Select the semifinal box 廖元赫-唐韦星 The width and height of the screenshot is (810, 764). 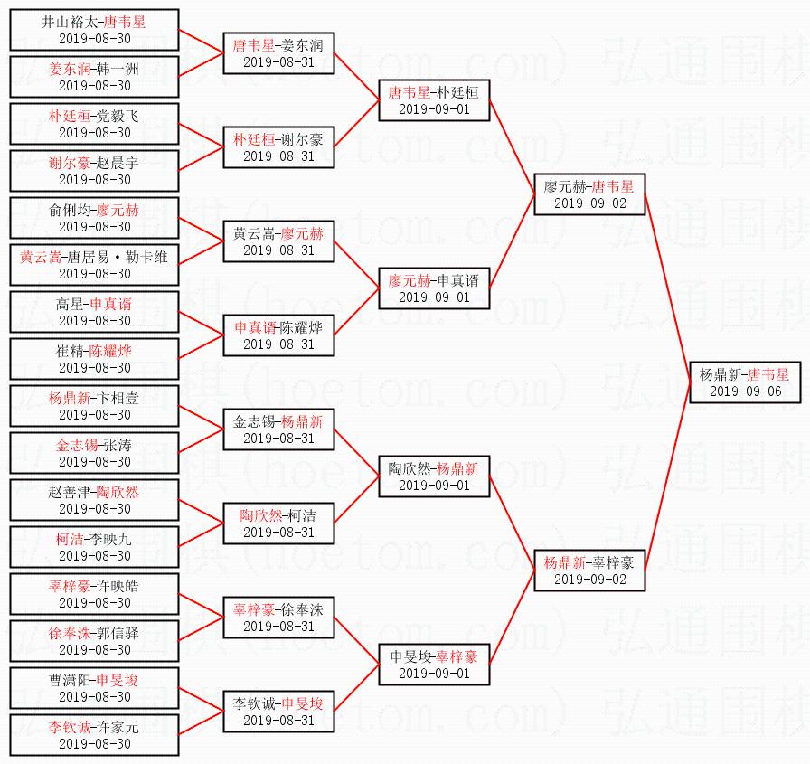click(589, 193)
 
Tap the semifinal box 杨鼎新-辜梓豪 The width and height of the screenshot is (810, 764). click(589, 570)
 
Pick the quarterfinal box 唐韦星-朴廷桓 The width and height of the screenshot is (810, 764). click(434, 99)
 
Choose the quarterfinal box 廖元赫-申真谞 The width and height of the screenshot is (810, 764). click(434, 288)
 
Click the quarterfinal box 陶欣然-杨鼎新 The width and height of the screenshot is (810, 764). click(434, 476)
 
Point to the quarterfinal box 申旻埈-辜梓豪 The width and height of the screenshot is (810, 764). click(434, 664)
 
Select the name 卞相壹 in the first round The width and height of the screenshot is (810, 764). click(118, 398)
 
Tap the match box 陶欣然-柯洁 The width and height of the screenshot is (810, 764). click(278, 523)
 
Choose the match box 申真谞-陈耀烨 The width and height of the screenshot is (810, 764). click(278, 335)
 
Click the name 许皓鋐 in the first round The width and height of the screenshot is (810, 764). click(118, 586)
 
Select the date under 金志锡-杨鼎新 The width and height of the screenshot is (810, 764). click(278, 439)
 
